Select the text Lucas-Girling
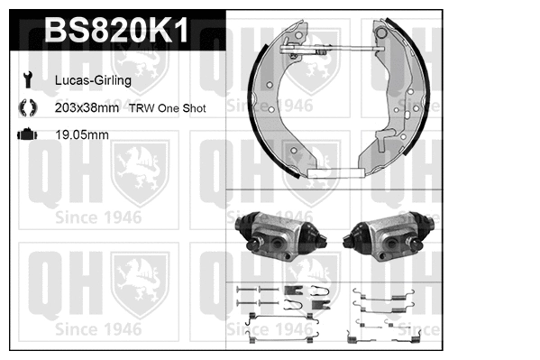pyautogui.click(x=94, y=80)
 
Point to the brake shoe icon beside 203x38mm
pyautogui.click(x=25, y=107)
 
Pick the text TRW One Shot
pyautogui.click(x=167, y=107)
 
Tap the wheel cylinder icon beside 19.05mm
pyautogui.click(x=25, y=134)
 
